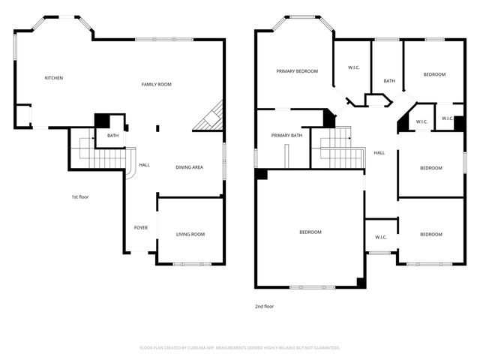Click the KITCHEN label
click(53, 78)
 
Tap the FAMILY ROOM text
click(157, 84)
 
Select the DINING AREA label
click(189, 167)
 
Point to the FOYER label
click(140, 227)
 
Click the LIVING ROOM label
click(190, 235)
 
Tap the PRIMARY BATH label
click(286, 136)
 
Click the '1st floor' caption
click(80, 196)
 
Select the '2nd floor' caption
click(264, 306)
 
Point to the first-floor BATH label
click(112, 136)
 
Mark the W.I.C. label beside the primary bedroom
click(355, 68)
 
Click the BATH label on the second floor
click(389, 81)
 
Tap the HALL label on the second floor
click(379, 153)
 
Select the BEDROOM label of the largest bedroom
click(310, 232)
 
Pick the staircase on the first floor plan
click(101, 154)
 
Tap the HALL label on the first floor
click(144, 165)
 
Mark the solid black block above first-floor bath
click(101, 121)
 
